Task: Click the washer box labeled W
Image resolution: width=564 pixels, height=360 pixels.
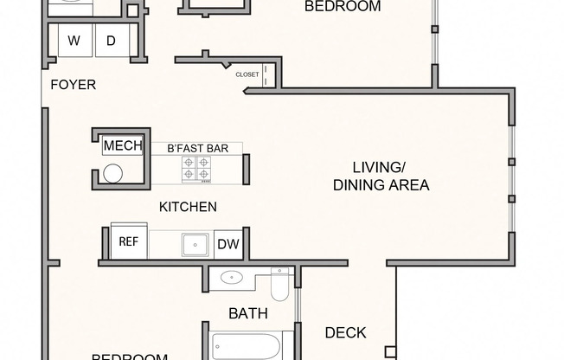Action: [x=74, y=41]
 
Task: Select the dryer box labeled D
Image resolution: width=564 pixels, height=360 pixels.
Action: [x=111, y=41]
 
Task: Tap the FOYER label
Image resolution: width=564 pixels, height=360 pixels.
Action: [x=73, y=85]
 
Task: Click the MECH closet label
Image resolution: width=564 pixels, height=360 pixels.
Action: [x=122, y=145]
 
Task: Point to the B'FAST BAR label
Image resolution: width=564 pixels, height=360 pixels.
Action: [x=197, y=149]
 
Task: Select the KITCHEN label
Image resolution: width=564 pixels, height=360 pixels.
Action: [x=188, y=207]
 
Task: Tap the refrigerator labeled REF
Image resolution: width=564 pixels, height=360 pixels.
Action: [x=129, y=242]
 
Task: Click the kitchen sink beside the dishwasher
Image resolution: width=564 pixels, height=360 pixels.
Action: [x=195, y=244]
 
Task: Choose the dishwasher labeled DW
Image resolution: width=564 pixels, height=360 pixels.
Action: [x=228, y=244]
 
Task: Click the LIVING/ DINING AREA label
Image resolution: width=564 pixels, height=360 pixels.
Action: [x=381, y=176]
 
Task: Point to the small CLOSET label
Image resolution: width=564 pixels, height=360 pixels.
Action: [x=247, y=74]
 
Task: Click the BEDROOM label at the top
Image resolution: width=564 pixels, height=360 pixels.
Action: [x=343, y=6]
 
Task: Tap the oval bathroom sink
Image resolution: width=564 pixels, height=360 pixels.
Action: [x=232, y=278]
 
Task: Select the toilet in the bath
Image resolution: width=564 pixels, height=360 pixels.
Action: [x=280, y=282]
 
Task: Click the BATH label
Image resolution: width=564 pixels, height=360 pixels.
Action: [x=247, y=313]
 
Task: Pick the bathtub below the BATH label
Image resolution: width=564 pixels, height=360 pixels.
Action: [x=246, y=346]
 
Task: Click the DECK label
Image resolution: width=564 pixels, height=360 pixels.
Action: [x=345, y=332]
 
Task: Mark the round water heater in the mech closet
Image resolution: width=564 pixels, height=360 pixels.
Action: [x=112, y=173]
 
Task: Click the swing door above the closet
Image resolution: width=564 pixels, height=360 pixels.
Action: [x=224, y=64]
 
